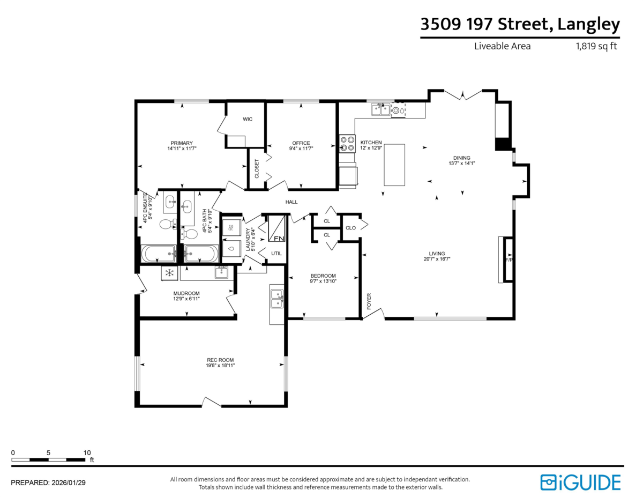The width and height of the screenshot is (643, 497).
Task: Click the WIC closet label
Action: click(x=248, y=119)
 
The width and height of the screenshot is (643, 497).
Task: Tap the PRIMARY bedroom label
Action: click(x=182, y=143)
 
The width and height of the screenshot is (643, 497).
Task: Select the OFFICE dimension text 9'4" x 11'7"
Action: click(x=301, y=149)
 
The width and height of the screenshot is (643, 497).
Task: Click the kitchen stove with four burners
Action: click(x=347, y=144)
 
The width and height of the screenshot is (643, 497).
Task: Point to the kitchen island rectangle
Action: click(x=394, y=165)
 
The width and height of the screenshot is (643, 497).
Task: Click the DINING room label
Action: click(x=461, y=158)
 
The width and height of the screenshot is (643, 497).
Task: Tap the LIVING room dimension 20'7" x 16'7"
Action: click(x=437, y=259)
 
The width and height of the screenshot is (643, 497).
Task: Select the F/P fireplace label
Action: click(x=509, y=260)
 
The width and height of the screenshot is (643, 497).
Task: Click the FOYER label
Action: click(x=369, y=301)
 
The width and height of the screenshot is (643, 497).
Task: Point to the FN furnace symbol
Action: click(x=276, y=228)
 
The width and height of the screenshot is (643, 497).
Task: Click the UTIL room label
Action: click(x=276, y=254)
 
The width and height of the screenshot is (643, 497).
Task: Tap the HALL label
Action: click(x=291, y=202)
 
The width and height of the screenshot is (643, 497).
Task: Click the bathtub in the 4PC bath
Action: click(x=201, y=254)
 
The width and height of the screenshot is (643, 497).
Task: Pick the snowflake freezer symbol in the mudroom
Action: click(x=169, y=273)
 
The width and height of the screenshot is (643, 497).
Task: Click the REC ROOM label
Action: click(x=220, y=360)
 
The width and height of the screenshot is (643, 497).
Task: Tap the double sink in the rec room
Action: click(x=277, y=299)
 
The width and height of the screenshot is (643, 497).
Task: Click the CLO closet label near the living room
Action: click(x=350, y=228)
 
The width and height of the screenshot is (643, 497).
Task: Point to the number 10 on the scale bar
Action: click(x=87, y=453)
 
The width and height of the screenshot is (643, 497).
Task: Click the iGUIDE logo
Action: click(x=580, y=483)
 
